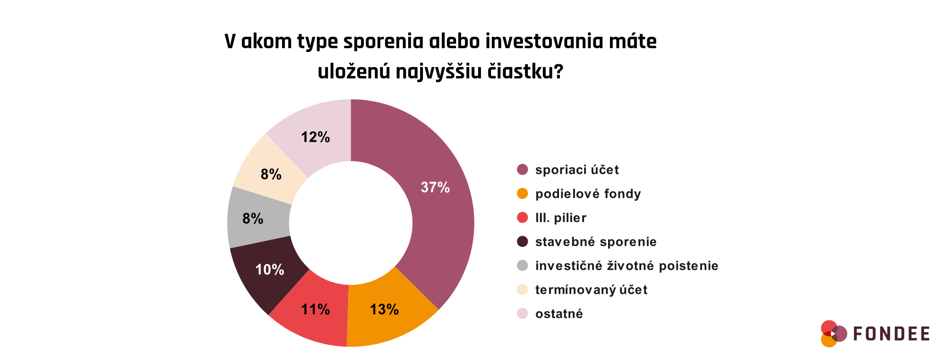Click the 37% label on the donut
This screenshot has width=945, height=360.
[x=435, y=188]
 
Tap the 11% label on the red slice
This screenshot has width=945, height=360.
[x=316, y=309]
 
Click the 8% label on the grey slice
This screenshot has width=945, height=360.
[x=253, y=218]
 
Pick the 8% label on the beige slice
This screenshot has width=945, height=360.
[x=271, y=174]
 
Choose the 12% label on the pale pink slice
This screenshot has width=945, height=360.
[x=316, y=137]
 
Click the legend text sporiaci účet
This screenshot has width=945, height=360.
[x=577, y=170]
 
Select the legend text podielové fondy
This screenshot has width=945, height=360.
[x=588, y=194]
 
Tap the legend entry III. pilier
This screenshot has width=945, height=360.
[x=561, y=218]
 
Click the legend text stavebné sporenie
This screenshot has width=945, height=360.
[x=596, y=242]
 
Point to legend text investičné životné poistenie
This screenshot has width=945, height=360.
[x=627, y=266]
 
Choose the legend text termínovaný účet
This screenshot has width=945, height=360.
[x=591, y=290]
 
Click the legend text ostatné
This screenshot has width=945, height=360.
[x=559, y=314]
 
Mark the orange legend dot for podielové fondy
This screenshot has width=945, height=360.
[x=522, y=194]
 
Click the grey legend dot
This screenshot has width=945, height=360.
[x=522, y=266]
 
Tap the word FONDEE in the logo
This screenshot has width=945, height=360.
[x=891, y=334]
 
